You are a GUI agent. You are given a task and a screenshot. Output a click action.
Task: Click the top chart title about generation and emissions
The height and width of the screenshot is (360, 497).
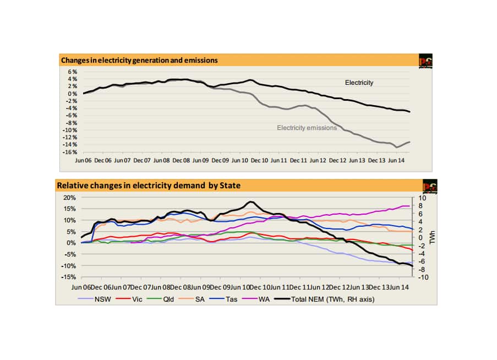[x=139, y=60]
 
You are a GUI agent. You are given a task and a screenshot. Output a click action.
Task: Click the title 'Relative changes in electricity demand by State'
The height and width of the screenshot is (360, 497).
[x=149, y=186]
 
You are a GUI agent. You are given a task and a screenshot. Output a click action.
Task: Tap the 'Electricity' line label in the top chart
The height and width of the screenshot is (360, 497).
[x=359, y=83]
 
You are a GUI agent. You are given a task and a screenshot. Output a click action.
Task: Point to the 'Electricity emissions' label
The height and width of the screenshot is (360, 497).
[x=307, y=128]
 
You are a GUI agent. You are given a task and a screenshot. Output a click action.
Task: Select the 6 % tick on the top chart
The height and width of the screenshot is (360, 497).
[x=73, y=72]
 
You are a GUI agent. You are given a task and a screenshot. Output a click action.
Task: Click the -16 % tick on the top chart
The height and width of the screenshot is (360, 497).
[x=72, y=151]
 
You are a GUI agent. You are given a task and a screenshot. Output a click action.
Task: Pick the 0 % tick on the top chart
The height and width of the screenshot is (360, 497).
[x=73, y=94]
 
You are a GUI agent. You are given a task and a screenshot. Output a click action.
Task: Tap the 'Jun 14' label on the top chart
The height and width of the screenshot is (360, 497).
[x=397, y=160]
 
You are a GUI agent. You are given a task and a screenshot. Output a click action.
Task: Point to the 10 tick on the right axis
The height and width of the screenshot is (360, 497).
[x=422, y=197]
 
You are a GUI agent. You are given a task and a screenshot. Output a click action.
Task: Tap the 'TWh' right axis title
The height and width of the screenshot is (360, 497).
[x=434, y=237]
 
